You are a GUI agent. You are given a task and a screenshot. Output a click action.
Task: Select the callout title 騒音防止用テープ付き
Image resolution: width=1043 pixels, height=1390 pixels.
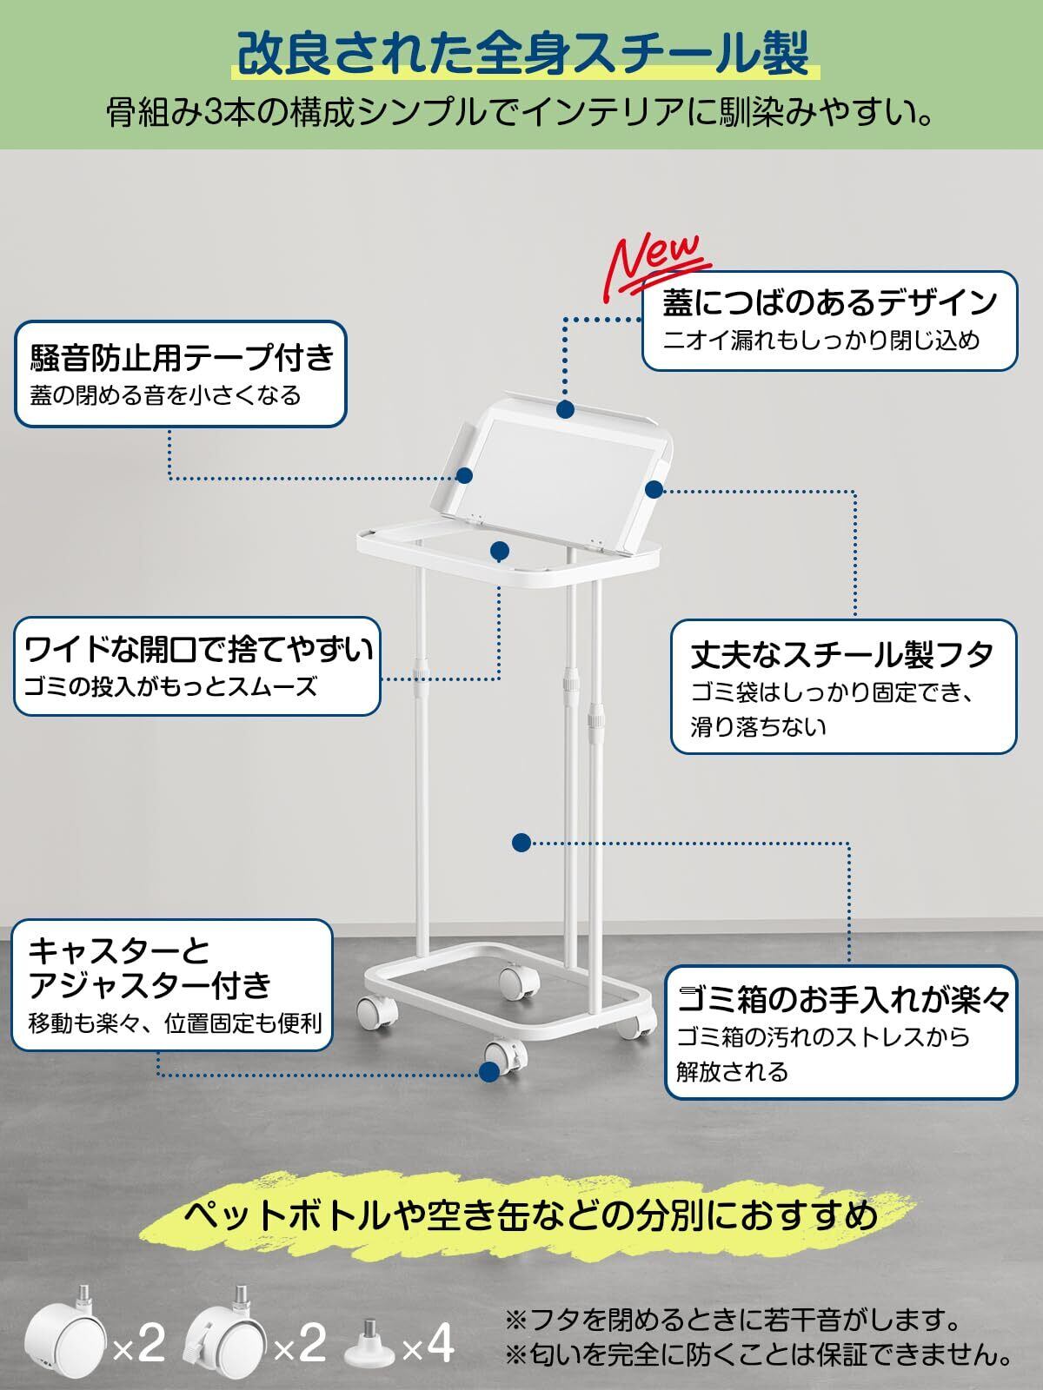183,357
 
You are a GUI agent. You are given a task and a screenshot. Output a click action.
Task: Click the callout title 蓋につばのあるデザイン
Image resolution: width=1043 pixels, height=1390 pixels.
829,301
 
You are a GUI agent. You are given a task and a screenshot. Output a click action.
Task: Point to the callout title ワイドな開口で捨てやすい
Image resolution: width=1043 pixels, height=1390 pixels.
199,650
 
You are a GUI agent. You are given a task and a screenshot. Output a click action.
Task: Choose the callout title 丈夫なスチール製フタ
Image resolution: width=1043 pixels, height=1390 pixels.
841,654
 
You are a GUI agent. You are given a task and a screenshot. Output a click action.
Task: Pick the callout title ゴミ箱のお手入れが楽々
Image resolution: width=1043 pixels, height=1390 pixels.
844,1000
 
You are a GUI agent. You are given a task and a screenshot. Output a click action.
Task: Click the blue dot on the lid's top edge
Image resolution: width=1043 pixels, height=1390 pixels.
566,409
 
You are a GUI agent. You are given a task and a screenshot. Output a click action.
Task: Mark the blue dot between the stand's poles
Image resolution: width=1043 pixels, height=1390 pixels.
521,842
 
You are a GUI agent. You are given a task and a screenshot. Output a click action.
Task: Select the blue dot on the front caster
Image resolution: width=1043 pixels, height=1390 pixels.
492,1073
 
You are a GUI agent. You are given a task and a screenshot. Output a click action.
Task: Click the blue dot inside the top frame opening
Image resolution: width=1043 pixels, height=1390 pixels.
499,551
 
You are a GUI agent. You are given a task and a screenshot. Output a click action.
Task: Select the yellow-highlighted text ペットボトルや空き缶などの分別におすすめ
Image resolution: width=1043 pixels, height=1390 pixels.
531,1215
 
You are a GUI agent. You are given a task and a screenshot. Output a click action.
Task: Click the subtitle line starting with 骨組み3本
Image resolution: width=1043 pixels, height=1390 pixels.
521,113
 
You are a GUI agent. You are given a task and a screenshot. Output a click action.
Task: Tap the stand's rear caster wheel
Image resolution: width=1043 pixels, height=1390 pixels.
520,980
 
